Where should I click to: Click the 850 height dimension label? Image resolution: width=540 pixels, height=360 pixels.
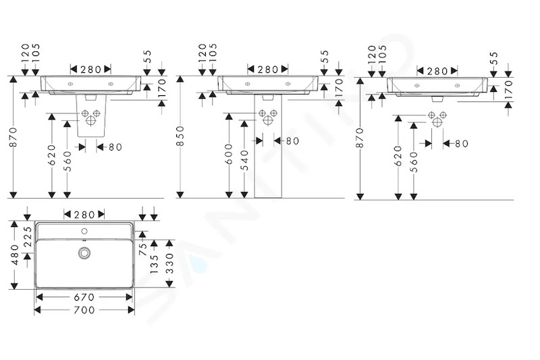pyautogui.click(x=180, y=136)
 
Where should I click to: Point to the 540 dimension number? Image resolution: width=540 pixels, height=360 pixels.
pyautogui.click(x=244, y=160)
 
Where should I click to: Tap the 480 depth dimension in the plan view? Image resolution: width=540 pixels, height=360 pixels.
pyautogui.click(x=14, y=255)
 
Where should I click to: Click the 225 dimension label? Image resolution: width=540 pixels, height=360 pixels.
pyautogui.click(x=28, y=236)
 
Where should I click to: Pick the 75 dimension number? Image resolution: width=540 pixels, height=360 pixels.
pyautogui.click(x=143, y=249)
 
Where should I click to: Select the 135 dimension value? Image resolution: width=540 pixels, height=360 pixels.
pyautogui.click(x=154, y=264)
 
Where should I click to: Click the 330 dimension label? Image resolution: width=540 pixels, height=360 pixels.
pyautogui.click(x=169, y=263)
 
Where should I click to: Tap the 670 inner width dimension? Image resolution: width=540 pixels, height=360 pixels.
pyautogui.click(x=84, y=297)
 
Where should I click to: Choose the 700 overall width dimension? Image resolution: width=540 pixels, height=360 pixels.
pyautogui.click(x=84, y=310)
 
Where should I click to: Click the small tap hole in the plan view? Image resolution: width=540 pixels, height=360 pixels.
pyautogui.click(x=84, y=231)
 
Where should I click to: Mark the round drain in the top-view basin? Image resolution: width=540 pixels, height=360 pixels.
pyautogui.click(x=84, y=253)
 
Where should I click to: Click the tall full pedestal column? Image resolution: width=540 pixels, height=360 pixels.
pyautogui.click(x=268, y=146)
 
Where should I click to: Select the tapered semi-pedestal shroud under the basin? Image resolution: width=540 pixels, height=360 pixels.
pyautogui.click(x=91, y=115)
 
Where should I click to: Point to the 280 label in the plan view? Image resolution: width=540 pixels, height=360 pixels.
pyautogui.click(x=84, y=215)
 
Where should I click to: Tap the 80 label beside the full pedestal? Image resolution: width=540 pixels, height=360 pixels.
pyautogui.click(x=292, y=141)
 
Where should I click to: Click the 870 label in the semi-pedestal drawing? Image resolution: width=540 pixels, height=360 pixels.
pyautogui.click(x=13, y=137)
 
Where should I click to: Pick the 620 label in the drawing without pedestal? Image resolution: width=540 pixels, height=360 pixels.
pyautogui.click(x=398, y=156)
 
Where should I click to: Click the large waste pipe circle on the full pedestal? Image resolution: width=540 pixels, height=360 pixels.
pyautogui.click(x=268, y=120)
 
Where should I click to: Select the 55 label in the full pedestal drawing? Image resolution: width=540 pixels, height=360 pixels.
pyautogui.click(x=324, y=56)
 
